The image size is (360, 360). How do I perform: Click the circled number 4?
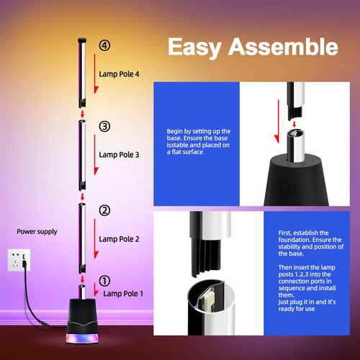[x=105, y=45]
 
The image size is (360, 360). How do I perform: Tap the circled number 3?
[x=105, y=127]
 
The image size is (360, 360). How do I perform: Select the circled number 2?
[x=105, y=210]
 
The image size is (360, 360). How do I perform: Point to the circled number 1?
[x=105, y=282]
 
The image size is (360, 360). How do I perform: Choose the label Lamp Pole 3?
[x=119, y=154]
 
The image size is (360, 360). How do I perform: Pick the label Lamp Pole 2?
[x=119, y=238]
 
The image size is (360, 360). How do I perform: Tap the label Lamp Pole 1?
[x=123, y=294]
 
